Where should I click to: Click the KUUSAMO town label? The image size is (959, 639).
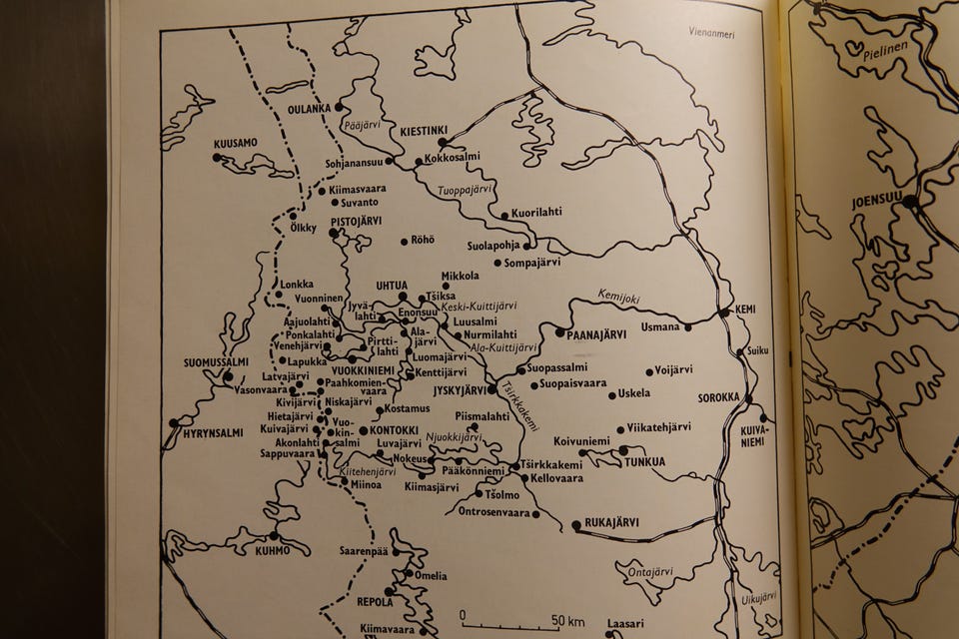(x=235, y=143)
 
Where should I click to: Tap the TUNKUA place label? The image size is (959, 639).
(x=644, y=461)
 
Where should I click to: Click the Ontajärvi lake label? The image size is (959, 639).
(x=650, y=572)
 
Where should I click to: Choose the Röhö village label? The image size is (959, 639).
(x=424, y=241)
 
